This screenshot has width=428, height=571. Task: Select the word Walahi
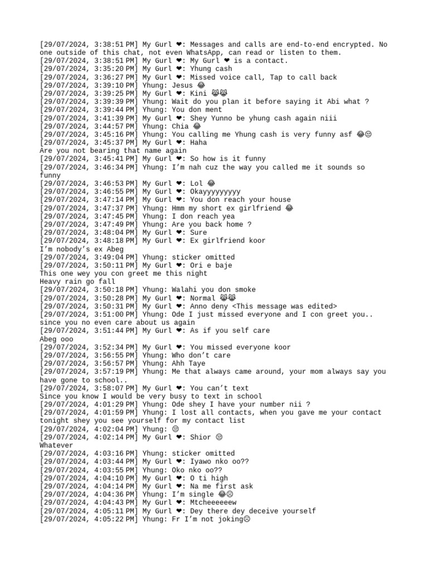click(186, 289)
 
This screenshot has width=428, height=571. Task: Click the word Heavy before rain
click(52, 282)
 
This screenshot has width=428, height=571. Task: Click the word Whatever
click(56, 445)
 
